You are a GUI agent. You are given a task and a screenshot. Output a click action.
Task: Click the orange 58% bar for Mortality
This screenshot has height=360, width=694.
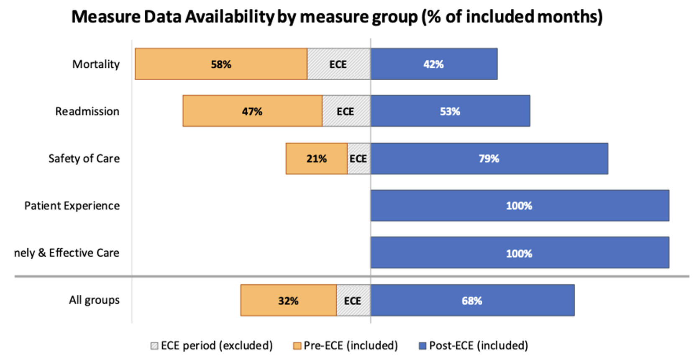pos(221,64)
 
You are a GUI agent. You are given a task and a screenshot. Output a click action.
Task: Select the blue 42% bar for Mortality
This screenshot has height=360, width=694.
pos(434,64)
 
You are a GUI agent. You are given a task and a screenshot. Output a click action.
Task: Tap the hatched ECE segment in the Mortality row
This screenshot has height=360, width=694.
pos(338,64)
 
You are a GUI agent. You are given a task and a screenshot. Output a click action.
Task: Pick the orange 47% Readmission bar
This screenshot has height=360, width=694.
pos(252,111)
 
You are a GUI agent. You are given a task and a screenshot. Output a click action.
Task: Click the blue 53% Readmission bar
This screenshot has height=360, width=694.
pos(450,111)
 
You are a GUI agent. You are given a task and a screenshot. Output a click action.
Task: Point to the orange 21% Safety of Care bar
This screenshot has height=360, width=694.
pos(316,158)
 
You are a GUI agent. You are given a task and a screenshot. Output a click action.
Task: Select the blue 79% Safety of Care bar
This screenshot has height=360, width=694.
pos(489,158)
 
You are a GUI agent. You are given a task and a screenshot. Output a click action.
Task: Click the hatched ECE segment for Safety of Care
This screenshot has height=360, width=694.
pos(359,158)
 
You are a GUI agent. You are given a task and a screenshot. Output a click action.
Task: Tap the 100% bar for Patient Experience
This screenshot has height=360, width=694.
pos(519,206)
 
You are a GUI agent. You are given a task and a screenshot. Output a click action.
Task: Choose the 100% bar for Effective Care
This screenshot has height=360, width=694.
pos(519,253)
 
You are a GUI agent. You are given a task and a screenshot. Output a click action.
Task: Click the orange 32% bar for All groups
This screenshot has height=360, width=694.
pos(288,301)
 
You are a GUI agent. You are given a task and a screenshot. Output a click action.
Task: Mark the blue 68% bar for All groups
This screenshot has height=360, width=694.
pos(472,301)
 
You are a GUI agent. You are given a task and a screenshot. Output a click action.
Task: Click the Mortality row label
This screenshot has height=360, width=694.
pos(96,64)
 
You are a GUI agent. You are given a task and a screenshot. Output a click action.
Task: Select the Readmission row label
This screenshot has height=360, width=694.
pos(87,112)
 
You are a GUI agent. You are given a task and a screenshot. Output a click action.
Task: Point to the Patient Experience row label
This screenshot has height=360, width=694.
pos(72,206)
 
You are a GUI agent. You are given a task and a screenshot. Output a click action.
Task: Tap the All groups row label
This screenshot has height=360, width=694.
pos(94,300)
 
